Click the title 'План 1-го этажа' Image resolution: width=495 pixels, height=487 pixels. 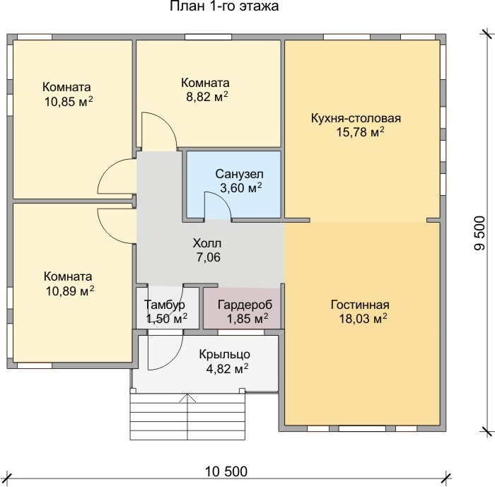coord(224,6)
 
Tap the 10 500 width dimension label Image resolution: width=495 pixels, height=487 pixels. coord(226,471)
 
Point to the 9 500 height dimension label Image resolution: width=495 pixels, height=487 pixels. coord(479,233)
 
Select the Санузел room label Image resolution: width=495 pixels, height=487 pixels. coord(239,174)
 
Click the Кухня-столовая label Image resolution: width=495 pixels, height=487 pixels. coord(356,118)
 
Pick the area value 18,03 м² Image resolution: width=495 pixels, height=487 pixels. coord(363,319)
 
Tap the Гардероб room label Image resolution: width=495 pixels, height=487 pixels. coord(245,305)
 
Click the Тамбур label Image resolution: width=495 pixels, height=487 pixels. coord(165,305)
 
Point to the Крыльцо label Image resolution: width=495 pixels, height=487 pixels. coord(224,354)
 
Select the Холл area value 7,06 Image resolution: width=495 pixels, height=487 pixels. coord(209,257)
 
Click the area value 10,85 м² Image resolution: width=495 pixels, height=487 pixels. coord(69,102)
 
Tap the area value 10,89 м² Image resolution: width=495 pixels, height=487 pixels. coord(70,291)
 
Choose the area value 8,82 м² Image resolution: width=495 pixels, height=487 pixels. coord(206,97)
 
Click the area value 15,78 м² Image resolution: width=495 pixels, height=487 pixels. coord(360,131)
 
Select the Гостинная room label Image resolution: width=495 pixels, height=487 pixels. coord(360,305)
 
